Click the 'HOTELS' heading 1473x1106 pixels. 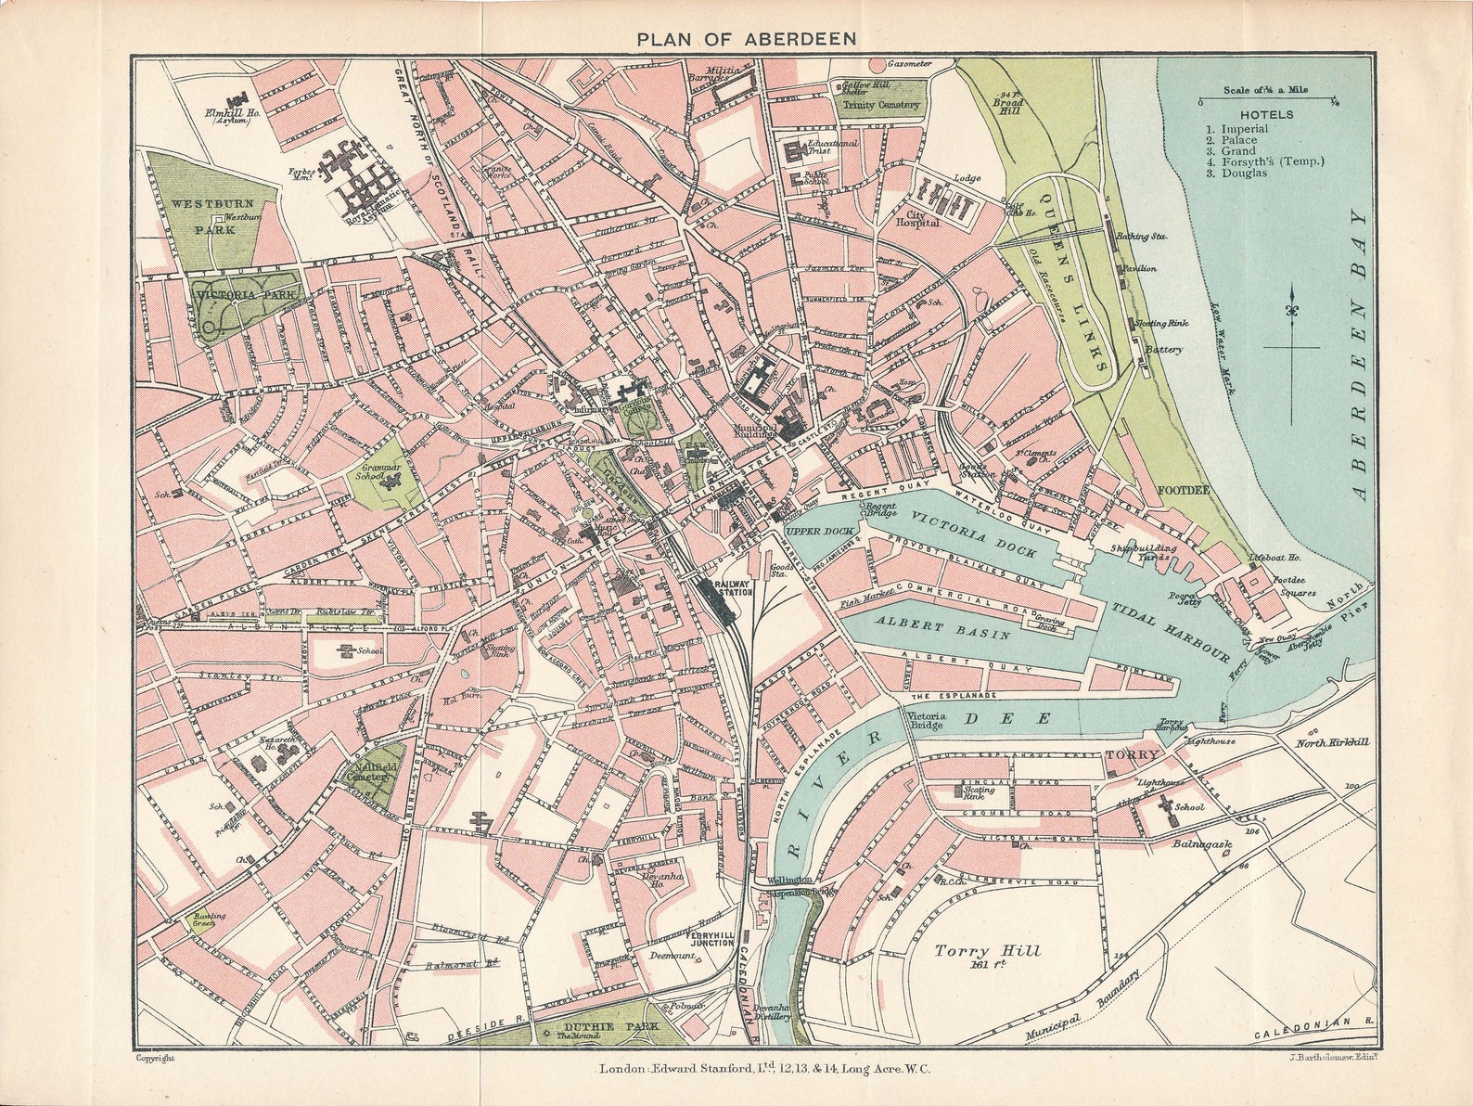[1252, 115]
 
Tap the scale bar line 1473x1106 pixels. [1264, 98]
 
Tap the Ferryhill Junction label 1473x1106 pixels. [711, 938]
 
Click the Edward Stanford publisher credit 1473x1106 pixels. [765, 1069]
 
